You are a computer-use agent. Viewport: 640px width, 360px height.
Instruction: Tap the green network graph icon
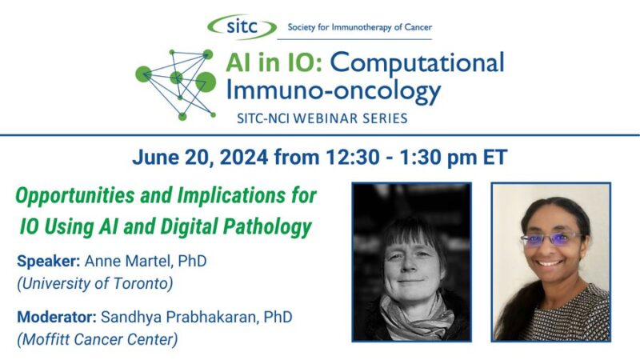(x=178, y=83)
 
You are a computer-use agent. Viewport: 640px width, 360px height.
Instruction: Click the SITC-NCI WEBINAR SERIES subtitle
(x=322, y=118)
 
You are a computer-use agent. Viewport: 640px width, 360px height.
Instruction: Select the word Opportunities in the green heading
(x=77, y=196)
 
